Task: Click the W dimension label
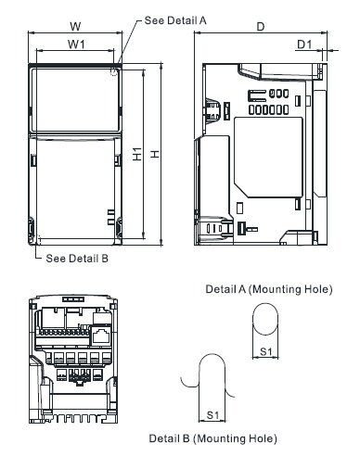click(75, 26)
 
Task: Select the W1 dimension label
click(76, 44)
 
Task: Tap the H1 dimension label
click(137, 154)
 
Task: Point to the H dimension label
click(155, 154)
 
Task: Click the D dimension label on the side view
click(261, 27)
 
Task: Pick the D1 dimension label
click(304, 44)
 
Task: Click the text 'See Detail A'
click(175, 20)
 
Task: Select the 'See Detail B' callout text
click(77, 258)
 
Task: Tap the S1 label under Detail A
click(265, 351)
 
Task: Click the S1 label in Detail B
click(212, 415)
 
